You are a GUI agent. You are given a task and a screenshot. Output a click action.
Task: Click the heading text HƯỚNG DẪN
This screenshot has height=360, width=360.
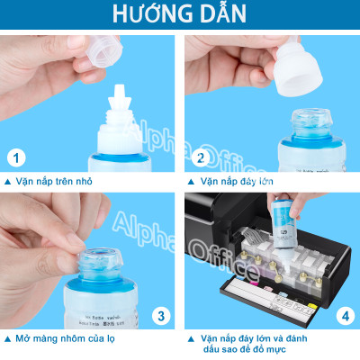tap(179, 17)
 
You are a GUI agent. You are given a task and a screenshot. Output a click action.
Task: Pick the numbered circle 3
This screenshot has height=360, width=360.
tap(160, 316)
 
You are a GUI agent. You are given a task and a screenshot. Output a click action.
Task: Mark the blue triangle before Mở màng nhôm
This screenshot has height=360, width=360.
tap(7, 339)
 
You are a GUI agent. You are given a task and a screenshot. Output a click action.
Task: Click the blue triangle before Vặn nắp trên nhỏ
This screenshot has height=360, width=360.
tap(7, 181)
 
